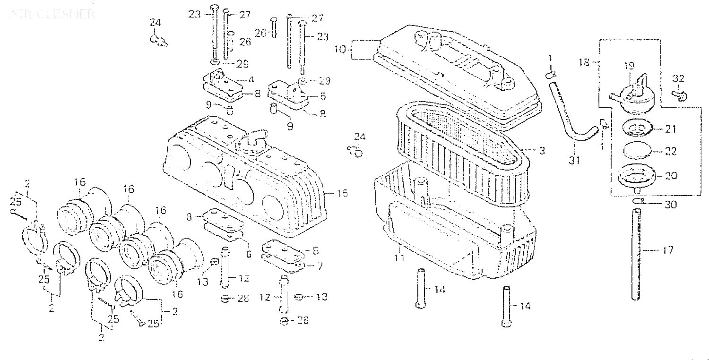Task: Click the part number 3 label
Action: click(542, 151)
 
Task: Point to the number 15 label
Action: click(343, 193)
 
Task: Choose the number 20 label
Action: click(684, 175)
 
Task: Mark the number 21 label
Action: click(684, 129)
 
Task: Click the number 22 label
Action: click(684, 151)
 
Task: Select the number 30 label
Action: click(683, 205)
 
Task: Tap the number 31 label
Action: click(573, 161)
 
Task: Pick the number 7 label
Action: click(319, 266)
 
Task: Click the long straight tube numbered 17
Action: click(638, 255)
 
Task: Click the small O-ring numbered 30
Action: click(638, 202)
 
